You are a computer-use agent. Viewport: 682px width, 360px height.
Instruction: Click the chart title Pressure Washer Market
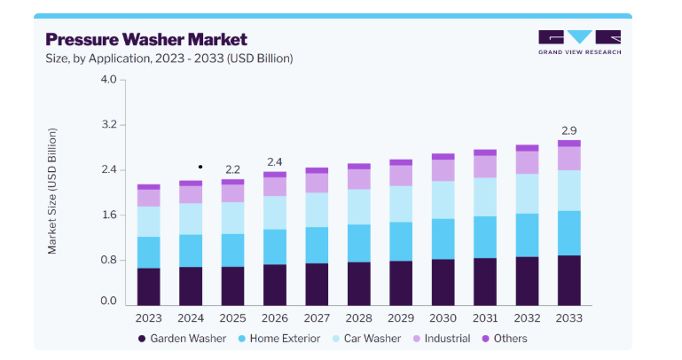pyautogui.click(x=146, y=40)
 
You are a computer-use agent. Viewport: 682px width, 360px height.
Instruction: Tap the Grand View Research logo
pyautogui.click(x=579, y=43)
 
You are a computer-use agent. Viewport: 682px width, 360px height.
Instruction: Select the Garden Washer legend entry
pyautogui.click(x=182, y=338)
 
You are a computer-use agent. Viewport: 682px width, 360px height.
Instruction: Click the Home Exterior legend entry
pyautogui.click(x=279, y=338)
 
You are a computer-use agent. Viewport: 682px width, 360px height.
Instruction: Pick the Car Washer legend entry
pyautogui.click(x=366, y=338)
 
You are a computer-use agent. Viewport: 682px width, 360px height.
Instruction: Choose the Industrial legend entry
pyautogui.click(x=442, y=338)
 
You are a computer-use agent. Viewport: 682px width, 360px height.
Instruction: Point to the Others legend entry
pyautogui.click(x=505, y=338)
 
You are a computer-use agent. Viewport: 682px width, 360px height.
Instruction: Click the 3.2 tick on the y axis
pyautogui.click(x=109, y=125)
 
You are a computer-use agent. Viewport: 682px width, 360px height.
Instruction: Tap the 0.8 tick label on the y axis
pyautogui.click(x=109, y=260)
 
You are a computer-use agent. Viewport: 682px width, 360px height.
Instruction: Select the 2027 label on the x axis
pyautogui.click(x=317, y=318)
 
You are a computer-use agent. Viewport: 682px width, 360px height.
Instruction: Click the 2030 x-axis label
pyautogui.click(x=443, y=318)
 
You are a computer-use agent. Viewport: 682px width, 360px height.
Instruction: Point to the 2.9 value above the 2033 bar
pyautogui.click(x=568, y=131)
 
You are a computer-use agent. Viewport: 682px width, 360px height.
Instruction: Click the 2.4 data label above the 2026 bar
pyautogui.click(x=274, y=162)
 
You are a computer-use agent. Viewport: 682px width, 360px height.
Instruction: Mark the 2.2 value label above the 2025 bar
pyautogui.click(x=232, y=169)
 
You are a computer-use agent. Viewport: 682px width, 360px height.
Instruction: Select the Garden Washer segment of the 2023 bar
pyautogui.click(x=149, y=286)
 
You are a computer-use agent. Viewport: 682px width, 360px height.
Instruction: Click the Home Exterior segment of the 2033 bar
pyautogui.click(x=568, y=233)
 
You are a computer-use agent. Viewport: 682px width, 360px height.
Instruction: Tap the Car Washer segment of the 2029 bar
pyautogui.click(x=401, y=204)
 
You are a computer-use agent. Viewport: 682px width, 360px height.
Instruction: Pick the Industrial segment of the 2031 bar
pyautogui.click(x=485, y=167)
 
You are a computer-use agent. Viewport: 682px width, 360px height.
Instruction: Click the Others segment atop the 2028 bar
pyautogui.click(x=359, y=167)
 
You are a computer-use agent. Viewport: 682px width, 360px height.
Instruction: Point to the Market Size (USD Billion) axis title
pyautogui.click(x=52, y=191)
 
